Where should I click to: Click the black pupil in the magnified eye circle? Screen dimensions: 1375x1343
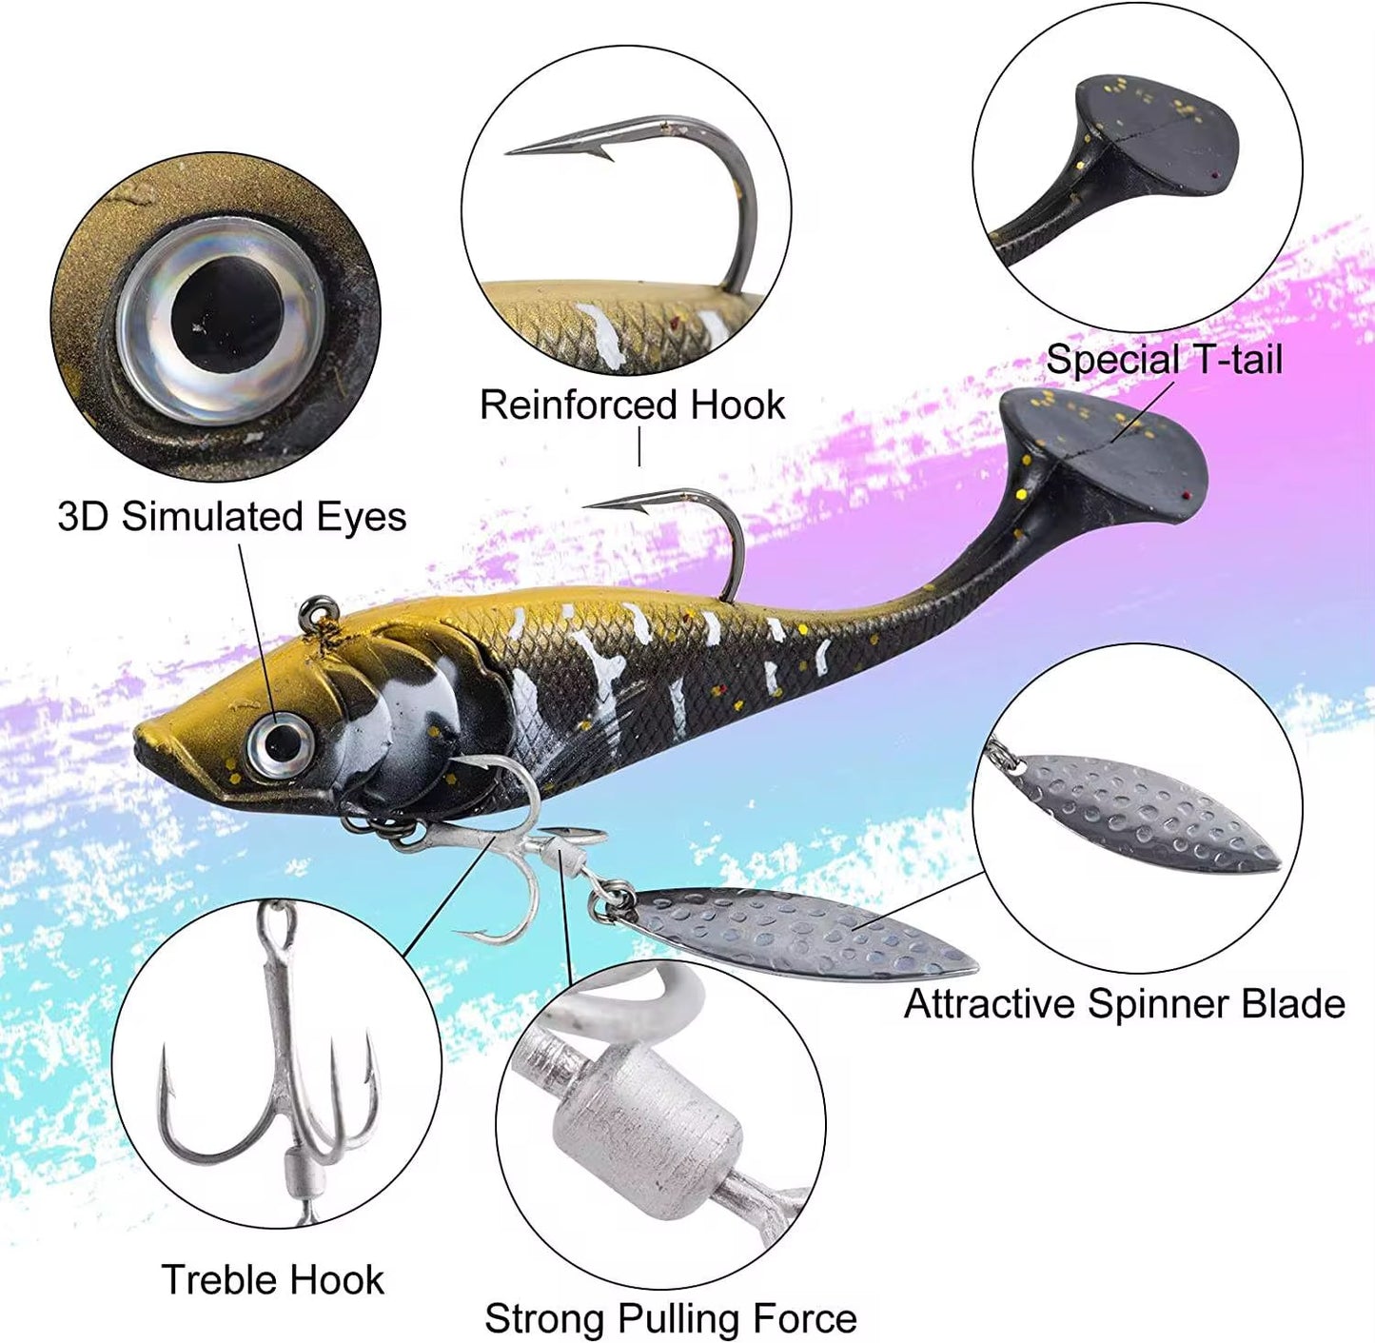(227, 312)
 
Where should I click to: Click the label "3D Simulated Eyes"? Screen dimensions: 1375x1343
(232, 517)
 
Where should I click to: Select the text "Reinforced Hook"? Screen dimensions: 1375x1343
(633, 405)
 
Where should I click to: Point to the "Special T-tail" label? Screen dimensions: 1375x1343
(1164, 359)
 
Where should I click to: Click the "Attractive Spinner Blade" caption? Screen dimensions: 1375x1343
(1125, 1003)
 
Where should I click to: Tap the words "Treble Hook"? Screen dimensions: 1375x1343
(273, 1279)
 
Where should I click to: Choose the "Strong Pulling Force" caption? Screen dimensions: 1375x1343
(671, 1318)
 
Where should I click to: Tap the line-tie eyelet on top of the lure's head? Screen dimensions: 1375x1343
(317, 609)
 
